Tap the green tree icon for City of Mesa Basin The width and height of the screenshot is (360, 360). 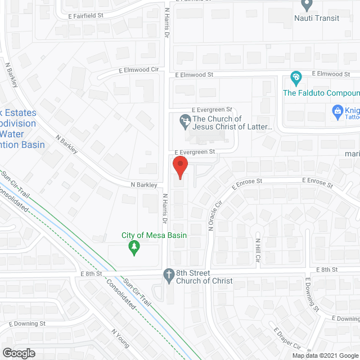coord(134,248)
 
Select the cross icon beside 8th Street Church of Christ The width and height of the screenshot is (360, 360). coord(168,275)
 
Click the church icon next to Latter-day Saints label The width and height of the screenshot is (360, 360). coord(184,120)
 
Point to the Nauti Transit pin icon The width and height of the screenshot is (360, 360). coord(307,5)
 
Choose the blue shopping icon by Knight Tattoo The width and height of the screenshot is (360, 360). coord(337,111)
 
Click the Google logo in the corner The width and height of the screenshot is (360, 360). coord(18,353)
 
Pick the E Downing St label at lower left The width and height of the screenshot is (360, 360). coord(28,324)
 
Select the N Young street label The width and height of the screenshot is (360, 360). coord(120,340)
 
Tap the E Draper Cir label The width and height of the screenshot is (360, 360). coord(290,341)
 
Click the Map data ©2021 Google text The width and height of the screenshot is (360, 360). coord(325,355)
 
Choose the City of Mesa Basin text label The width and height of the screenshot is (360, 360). coord(155,235)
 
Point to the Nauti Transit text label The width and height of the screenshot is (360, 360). coord(317,18)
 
